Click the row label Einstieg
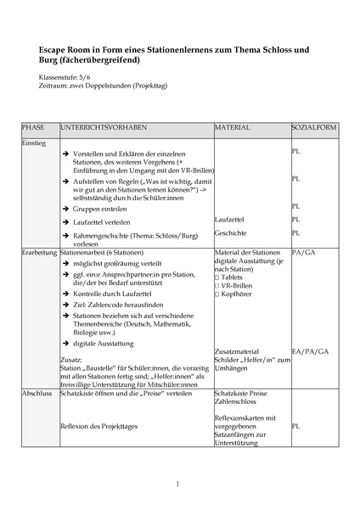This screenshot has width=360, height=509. click(x=35, y=143)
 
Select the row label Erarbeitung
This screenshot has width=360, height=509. click(x=39, y=252)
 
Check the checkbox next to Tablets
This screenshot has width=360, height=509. click(x=218, y=278)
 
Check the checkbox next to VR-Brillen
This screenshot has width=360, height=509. click(x=218, y=288)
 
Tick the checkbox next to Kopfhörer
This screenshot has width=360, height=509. click(x=218, y=297)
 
